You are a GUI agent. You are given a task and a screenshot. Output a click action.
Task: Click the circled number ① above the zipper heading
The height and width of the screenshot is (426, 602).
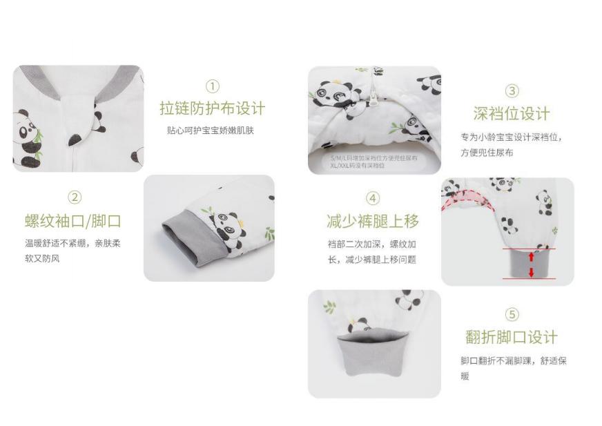click(x=212, y=86)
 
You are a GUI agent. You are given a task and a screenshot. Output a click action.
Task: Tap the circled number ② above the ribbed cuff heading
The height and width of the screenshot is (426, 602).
click(x=75, y=197)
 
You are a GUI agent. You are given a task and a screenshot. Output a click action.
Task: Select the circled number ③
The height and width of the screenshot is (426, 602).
click(x=512, y=90)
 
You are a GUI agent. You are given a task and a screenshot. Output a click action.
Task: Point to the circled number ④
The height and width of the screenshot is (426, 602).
click(x=373, y=199)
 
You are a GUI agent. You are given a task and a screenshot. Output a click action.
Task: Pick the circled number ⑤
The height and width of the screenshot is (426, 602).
click(x=512, y=315)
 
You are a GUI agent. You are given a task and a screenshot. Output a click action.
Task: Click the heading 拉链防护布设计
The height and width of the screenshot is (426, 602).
click(x=212, y=108)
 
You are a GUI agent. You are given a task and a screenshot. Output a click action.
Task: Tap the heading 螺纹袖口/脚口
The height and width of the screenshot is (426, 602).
click(x=73, y=221)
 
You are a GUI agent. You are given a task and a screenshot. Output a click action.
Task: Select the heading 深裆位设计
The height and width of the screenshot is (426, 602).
click(x=512, y=113)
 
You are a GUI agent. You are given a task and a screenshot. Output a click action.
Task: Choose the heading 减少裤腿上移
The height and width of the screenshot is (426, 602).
click(x=373, y=221)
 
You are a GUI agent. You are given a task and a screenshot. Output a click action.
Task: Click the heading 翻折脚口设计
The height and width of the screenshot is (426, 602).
click(x=512, y=337)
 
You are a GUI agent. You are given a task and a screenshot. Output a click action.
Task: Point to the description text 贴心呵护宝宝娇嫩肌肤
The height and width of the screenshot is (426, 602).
click(x=211, y=130)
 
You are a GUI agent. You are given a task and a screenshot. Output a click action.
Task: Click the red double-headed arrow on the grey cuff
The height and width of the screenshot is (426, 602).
click(x=531, y=264)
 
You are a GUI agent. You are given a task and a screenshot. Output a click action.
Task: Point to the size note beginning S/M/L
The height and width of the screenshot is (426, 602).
click(x=364, y=161)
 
